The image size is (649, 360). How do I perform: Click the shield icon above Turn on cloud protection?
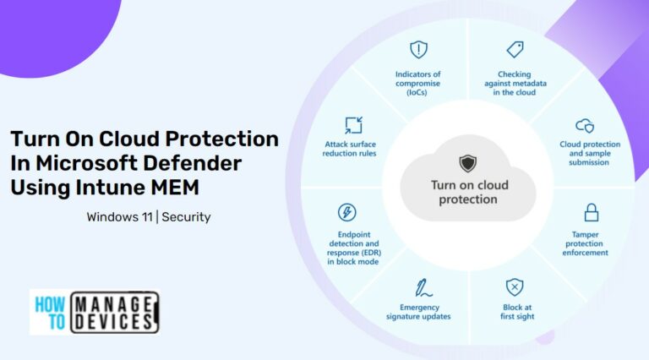(467, 163)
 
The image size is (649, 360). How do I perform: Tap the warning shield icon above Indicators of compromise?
(418, 49)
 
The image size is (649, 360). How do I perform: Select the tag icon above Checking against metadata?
(515, 49)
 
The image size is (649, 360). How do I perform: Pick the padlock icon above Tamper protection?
(592, 211)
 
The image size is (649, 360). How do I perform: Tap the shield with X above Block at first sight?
(515, 286)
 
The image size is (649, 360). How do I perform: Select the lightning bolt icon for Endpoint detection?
(346, 212)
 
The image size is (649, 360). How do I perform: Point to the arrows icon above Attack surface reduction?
(353, 125)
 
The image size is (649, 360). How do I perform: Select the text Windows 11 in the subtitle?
(119, 217)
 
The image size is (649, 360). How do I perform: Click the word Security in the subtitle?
(186, 217)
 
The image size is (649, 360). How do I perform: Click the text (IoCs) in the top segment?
(418, 93)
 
